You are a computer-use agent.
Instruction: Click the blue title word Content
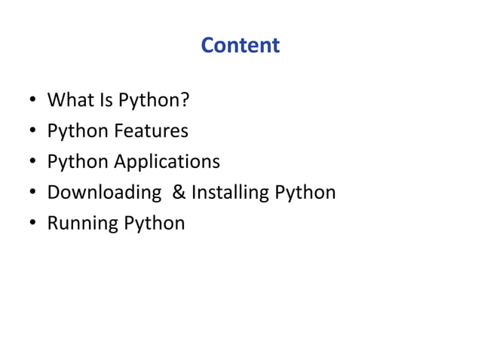(240, 46)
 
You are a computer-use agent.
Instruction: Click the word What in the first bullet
(66, 100)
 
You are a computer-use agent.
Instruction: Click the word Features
(151, 131)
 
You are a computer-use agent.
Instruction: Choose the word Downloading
(104, 194)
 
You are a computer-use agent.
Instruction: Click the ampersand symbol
(179, 194)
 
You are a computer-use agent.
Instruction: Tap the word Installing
(230, 194)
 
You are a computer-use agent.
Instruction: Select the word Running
(78, 224)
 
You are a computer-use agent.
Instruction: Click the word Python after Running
(149, 224)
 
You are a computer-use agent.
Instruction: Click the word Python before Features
(78, 131)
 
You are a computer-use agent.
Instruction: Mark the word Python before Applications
(78, 163)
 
